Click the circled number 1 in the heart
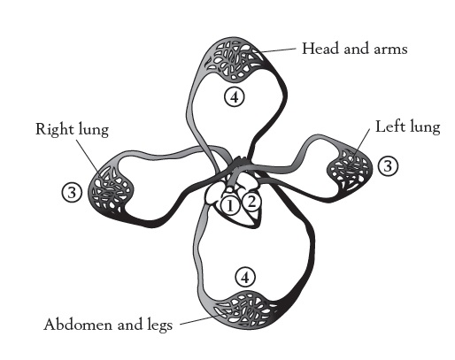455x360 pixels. tap(230, 205)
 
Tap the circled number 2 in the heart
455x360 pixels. tap(251, 203)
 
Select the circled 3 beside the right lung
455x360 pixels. tap(72, 193)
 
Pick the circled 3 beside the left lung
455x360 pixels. tap(388, 166)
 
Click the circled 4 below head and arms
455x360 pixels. tap(235, 97)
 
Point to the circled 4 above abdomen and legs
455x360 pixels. tap(245, 277)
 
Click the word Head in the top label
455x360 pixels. tap(320, 49)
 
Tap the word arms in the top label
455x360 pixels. tap(390, 50)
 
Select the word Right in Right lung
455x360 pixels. tap(54, 130)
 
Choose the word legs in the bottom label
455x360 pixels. tap(159, 326)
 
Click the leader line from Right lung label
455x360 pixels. tap(88, 156)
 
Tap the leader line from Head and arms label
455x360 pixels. tap(277, 50)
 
